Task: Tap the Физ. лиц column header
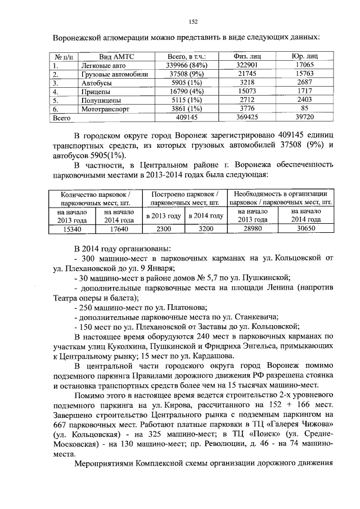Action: pyautogui.click(x=245, y=56)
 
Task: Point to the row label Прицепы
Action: pyautogui.click(x=95, y=91)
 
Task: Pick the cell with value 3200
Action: pyautogui.click(x=205, y=229)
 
